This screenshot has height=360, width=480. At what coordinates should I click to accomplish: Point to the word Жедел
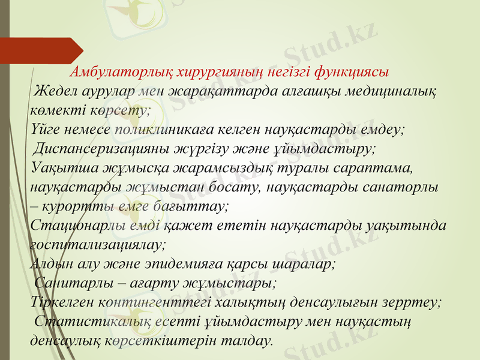point(56,91)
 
